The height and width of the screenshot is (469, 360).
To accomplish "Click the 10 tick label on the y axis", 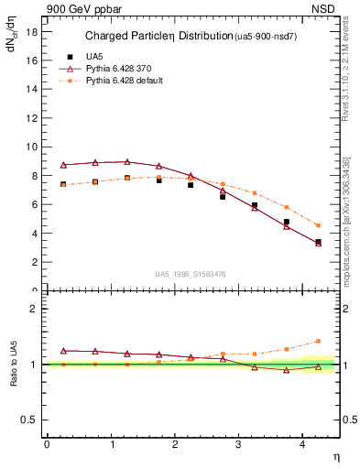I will (33, 147).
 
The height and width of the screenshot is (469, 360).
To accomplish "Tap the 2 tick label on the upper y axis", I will (35, 262).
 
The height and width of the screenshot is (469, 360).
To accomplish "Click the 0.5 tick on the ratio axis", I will (30, 420).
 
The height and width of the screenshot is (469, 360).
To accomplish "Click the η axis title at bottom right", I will (335, 455).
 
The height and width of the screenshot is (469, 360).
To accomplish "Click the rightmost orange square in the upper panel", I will (318, 225).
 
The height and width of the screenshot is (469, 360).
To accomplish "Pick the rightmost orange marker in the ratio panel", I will (318, 341).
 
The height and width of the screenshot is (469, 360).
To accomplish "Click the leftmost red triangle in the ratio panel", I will (63, 351).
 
